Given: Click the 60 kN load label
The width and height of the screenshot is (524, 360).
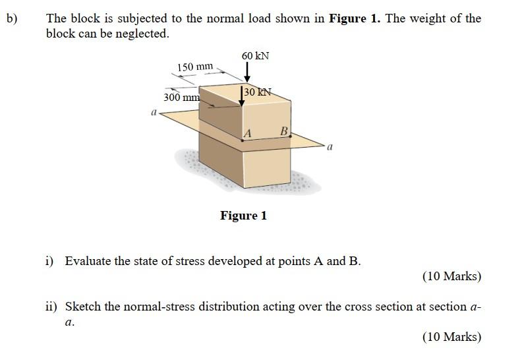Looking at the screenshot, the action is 255,56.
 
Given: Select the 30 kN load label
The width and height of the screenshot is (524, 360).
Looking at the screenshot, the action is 258,92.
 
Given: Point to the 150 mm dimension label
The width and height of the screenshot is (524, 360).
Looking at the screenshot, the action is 196,67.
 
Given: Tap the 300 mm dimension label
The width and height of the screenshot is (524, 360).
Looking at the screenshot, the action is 181,98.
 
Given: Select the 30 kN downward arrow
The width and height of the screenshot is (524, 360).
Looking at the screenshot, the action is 242,96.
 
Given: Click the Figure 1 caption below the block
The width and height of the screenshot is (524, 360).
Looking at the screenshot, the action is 243,216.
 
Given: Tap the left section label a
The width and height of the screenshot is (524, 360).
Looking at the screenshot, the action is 153,113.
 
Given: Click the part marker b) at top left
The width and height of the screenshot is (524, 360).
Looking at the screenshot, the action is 12,18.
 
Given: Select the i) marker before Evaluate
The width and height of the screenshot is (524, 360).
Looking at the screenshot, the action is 50,260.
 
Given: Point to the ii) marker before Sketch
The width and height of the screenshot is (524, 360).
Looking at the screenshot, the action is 51,307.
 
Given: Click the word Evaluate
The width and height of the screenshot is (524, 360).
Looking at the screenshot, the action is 88,260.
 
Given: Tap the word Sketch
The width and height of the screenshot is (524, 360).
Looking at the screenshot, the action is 82,307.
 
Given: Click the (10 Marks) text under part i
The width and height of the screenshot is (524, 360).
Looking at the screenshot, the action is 451,276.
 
